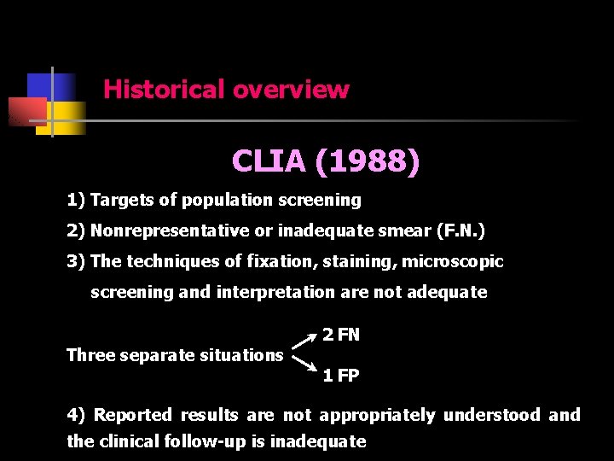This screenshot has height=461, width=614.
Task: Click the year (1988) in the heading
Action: pos(367,161)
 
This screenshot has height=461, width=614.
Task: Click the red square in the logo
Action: pos(26,112)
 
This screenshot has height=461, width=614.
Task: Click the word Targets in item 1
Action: pos(122,201)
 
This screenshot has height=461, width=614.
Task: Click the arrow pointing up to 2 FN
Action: pos(304,341)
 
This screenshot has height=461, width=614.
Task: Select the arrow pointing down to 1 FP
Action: pos(304,366)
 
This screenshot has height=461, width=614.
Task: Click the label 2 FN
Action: pos(341,335)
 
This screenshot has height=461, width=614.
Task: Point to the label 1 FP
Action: pos(341,376)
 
